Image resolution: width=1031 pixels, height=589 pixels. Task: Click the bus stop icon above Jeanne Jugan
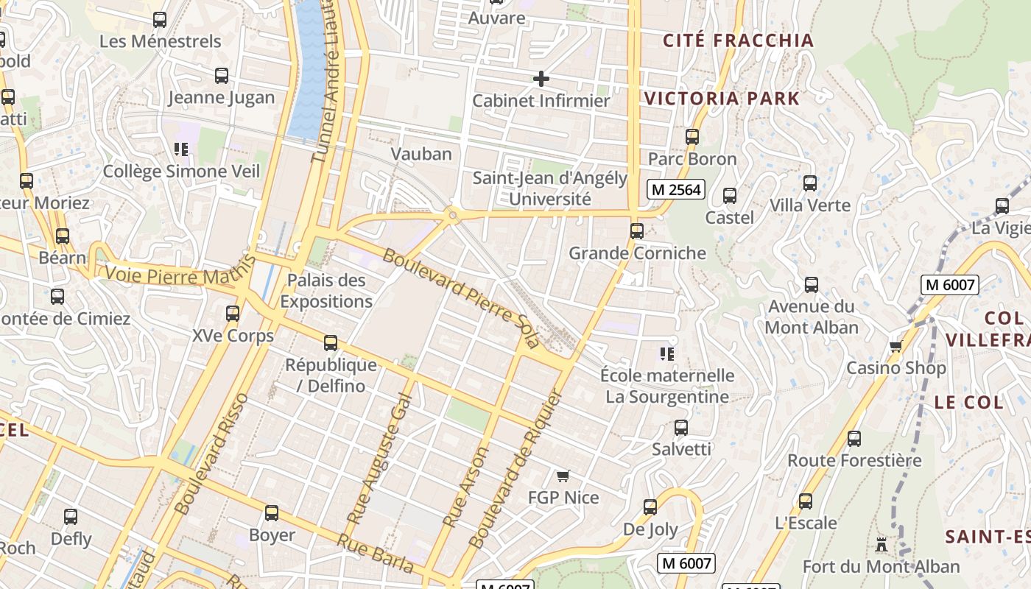point(221,76)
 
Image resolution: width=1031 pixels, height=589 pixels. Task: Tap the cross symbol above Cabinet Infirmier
point(541,79)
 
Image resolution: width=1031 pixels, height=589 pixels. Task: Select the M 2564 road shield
point(675,189)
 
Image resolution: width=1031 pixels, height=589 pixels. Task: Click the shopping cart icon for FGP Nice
point(563,476)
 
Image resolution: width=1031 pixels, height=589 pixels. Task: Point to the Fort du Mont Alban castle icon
point(881,545)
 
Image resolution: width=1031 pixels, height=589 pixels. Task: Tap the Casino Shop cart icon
point(895,346)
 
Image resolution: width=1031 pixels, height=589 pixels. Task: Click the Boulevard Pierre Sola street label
point(461,299)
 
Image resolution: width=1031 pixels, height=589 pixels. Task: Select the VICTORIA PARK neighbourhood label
point(722,99)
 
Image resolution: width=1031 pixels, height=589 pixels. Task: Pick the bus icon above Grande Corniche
point(637,231)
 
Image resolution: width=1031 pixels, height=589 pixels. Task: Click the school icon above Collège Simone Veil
point(181,149)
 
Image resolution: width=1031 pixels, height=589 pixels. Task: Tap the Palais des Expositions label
point(326,291)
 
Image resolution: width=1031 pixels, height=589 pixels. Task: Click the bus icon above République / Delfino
point(331,343)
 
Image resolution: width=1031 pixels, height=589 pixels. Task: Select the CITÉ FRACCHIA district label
point(739,40)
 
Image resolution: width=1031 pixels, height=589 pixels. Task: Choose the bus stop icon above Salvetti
point(681,428)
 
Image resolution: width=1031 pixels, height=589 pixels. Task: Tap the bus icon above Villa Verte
point(810,183)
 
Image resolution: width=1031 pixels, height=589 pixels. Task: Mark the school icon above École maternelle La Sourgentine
point(667,354)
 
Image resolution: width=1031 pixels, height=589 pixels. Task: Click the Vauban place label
point(421,154)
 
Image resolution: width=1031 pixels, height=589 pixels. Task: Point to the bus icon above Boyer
point(272,513)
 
